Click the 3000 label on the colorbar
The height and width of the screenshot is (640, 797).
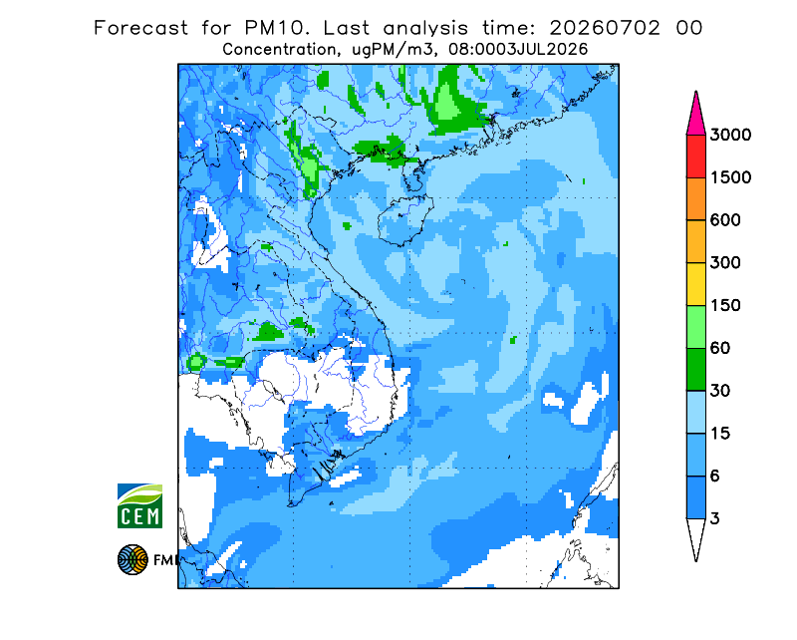click(730, 135)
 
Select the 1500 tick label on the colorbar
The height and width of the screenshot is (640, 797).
click(730, 177)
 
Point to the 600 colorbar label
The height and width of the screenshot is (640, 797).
click(725, 220)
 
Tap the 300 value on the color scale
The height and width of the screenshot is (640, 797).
click(725, 263)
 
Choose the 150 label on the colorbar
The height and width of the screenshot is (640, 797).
click(725, 306)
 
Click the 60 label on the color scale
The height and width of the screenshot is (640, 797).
click(720, 349)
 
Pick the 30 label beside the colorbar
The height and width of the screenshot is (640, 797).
click(720, 391)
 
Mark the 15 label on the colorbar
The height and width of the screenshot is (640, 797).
click(720, 434)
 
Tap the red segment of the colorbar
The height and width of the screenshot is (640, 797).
click(695, 157)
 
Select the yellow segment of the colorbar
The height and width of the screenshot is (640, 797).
click(695, 284)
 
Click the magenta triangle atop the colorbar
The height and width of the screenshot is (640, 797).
click(695, 117)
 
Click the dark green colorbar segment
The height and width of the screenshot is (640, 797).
click(695, 370)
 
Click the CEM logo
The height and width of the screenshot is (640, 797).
click(139, 505)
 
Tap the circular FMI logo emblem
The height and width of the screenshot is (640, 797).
click(133, 559)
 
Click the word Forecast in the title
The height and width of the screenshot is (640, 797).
click(140, 28)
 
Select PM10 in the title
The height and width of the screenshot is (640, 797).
click(276, 28)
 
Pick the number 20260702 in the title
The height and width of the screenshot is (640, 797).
click(605, 28)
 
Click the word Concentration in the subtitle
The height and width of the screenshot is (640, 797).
click(280, 50)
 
